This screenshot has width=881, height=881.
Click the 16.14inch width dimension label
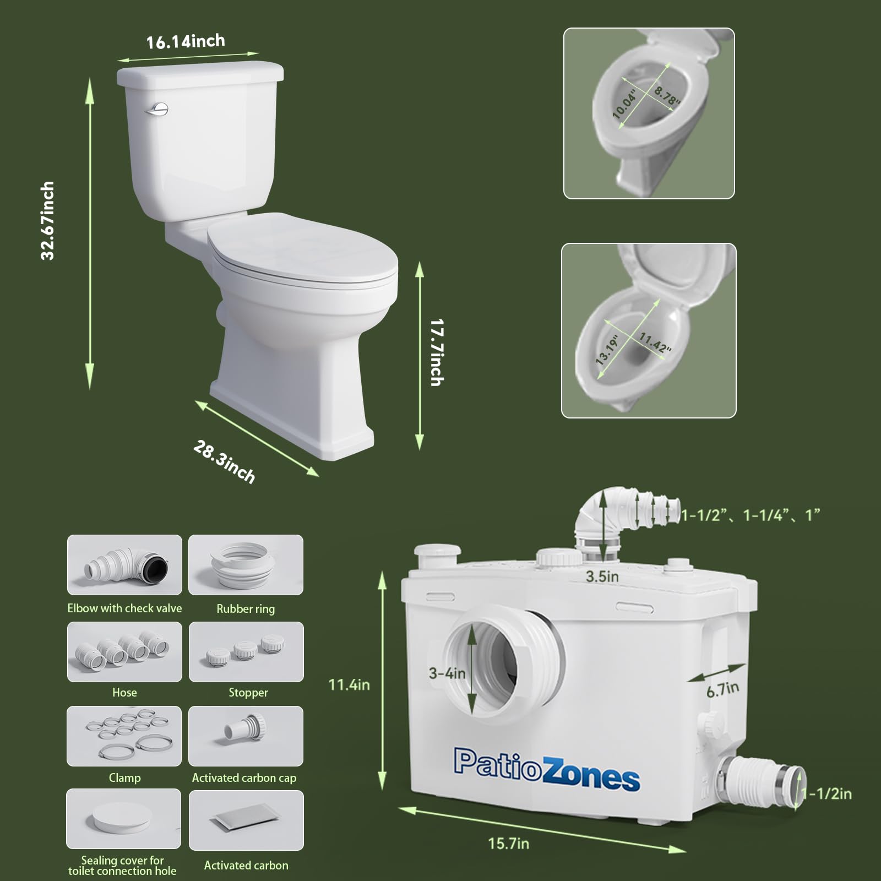click(186, 41)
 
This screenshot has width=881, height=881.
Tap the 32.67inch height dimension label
click(48, 220)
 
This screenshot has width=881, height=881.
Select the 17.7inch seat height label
click(437, 352)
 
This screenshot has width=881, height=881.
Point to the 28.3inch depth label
click(224, 462)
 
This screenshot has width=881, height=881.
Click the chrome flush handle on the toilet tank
click(157, 110)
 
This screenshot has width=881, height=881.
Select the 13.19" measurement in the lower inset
click(607, 350)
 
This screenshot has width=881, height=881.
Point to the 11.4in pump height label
click(349, 684)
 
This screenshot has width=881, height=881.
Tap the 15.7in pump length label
click(508, 843)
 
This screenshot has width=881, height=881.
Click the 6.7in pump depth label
click(722, 689)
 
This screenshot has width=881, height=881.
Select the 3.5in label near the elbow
click(602, 577)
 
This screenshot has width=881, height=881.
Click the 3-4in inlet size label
click(447, 673)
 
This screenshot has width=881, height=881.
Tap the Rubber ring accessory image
click(246, 565)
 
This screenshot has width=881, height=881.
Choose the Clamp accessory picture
click(124, 736)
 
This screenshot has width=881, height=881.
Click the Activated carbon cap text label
click(244, 778)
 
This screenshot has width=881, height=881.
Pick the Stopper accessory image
click(246, 652)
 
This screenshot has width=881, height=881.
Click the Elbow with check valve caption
click(124, 608)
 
